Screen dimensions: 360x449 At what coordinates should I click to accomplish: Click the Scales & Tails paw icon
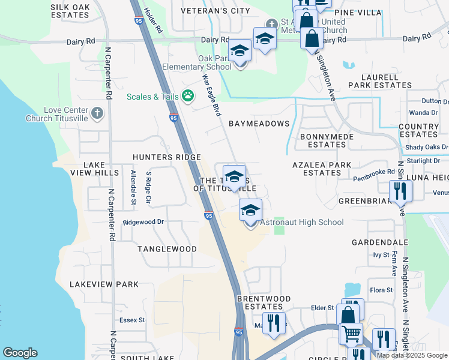coord(188,95)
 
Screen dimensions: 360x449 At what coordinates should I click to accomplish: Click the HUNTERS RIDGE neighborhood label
coord(167,157)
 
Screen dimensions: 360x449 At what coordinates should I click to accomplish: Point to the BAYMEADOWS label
coord(259,124)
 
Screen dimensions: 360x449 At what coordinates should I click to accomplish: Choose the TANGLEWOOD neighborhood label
coord(167,248)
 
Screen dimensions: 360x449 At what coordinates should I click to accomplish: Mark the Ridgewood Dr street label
coord(143,222)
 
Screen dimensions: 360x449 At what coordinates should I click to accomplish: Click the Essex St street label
coord(133,320)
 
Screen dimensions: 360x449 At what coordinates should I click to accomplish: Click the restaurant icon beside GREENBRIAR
coord(400,191)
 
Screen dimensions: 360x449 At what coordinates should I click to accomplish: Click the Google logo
coord(20,353)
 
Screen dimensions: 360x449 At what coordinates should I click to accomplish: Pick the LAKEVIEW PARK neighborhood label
coord(104,284)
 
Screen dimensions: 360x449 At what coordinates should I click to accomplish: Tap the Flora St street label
coord(381,290)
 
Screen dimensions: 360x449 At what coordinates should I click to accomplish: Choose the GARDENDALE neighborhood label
coord(379,242)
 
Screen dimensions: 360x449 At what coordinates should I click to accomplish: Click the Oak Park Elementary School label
coord(214,63)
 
